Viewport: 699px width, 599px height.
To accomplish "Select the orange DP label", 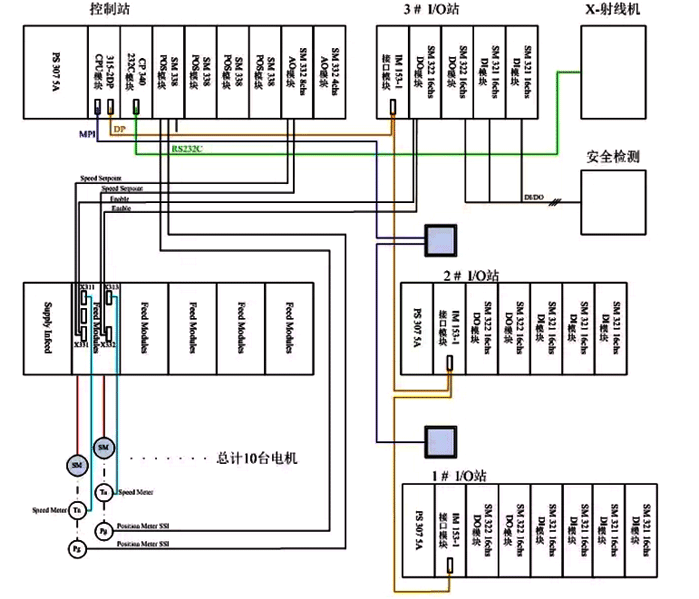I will tap(118, 130).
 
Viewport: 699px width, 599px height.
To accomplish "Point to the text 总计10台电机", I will tap(257, 460).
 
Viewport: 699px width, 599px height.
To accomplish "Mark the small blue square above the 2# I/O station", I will tap(439, 238).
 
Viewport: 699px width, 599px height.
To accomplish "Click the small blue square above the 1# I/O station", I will tap(439, 439).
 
